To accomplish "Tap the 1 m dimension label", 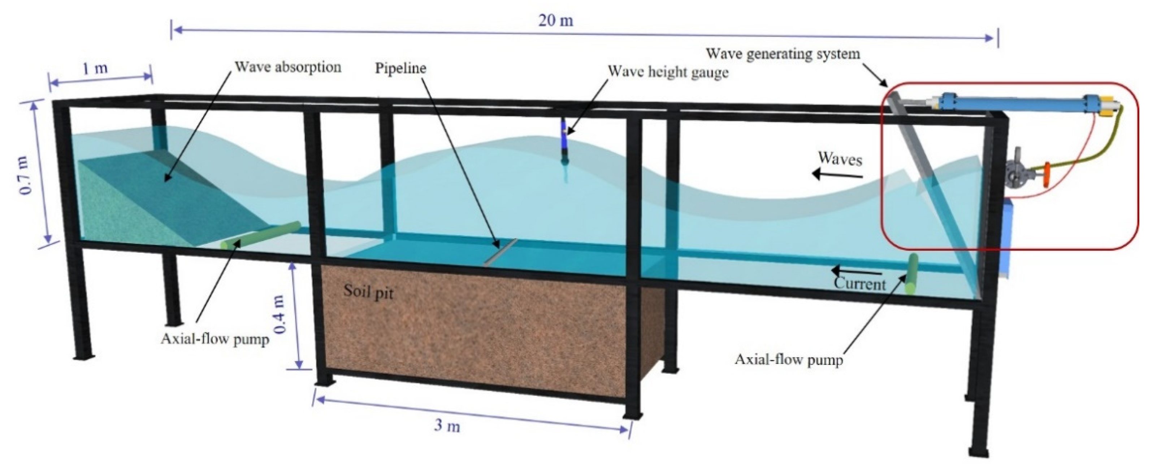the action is [95, 68].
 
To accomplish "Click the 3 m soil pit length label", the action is [447, 426].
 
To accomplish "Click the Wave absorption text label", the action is [288, 67].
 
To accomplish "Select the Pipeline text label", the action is [400, 68].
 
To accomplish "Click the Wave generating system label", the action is [783, 54].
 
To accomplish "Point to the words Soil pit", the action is [368, 292].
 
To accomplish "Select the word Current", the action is [859, 284].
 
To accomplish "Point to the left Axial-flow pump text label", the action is [215, 339].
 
